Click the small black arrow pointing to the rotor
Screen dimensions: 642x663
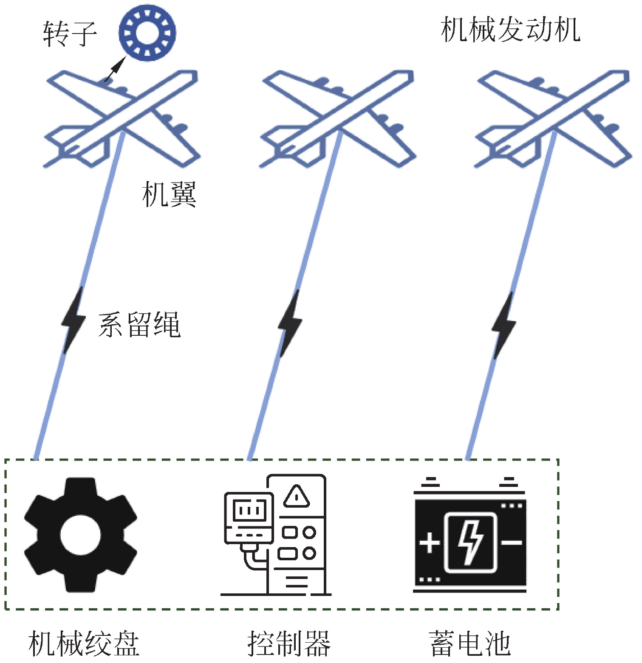click(x=115, y=68)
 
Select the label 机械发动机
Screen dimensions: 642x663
click(x=510, y=30)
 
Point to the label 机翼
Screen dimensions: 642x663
click(x=169, y=194)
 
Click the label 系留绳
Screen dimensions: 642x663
click(x=139, y=325)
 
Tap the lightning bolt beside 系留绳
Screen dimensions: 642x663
click(x=73, y=320)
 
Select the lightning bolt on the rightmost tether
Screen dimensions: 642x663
click(x=504, y=325)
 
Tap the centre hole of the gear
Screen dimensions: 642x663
click(x=81, y=535)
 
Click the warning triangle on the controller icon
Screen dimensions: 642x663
click(x=297, y=495)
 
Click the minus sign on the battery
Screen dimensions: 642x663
click(x=512, y=542)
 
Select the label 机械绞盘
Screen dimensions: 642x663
click(x=84, y=643)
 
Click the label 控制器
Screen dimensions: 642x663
click(x=289, y=643)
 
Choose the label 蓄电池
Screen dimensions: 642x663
click(x=469, y=643)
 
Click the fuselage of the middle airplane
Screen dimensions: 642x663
click(x=338, y=119)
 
